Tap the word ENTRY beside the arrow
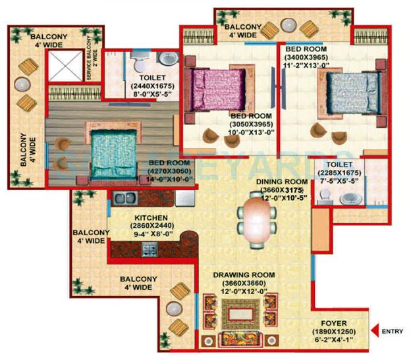pos(394,331)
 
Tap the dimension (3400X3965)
pos(307,57)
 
